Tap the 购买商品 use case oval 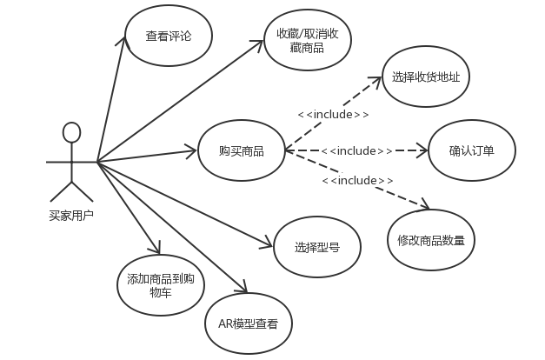pyautogui.click(x=242, y=151)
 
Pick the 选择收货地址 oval pyautogui.click(x=425, y=77)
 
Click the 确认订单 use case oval pyautogui.click(x=471, y=150)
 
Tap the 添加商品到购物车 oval pyautogui.click(x=160, y=286)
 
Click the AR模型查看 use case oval pyautogui.click(x=249, y=324)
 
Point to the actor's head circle pyautogui.click(x=71, y=132)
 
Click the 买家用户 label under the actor pyautogui.click(x=70, y=216)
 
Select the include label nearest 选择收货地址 pyautogui.click(x=334, y=114)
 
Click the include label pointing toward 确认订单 pyautogui.click(x=356, y=151)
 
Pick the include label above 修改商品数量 pyautogui.click(x=357, y=180)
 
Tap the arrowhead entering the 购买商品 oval pyautogui.click(x=194, y=153)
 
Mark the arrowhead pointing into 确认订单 pyautogui.click(x=425, y=151)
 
